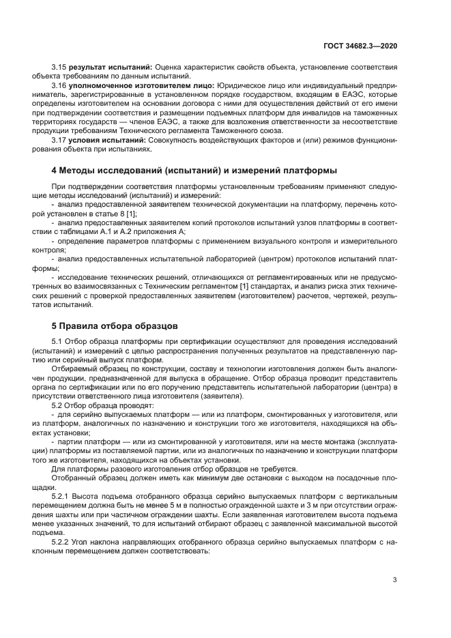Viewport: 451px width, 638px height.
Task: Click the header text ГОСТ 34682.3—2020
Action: (x=362, y=45)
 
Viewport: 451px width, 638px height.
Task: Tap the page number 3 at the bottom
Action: (x=395, y=580)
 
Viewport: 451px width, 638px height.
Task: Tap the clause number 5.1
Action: (x=57, y=340)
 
